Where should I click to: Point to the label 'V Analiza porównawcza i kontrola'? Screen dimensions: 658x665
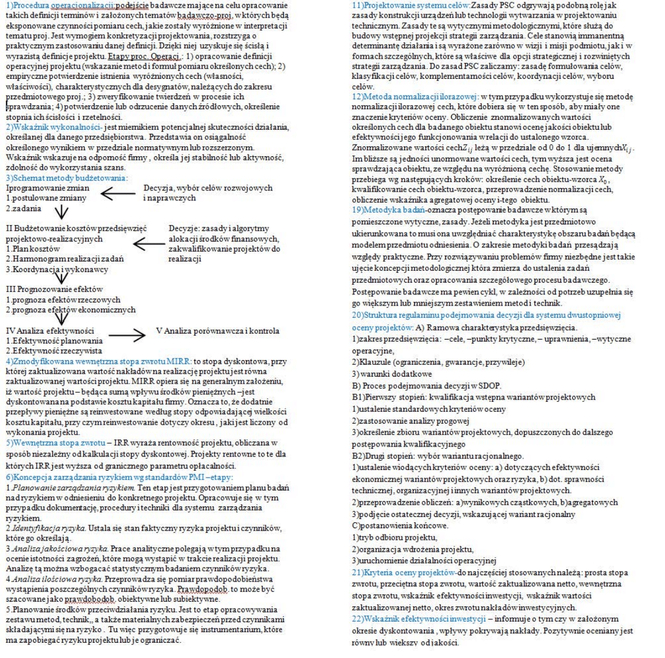tap(217, 331)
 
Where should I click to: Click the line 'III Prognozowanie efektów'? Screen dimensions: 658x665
tap(54, 290)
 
